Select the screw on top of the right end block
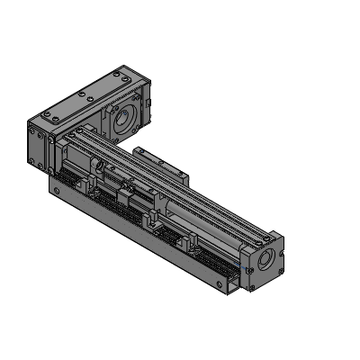(x=262, y=238)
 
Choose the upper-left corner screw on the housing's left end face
(x=32, y=131)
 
